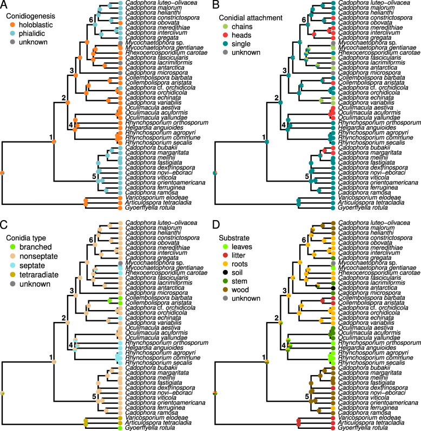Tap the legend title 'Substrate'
[234, 237]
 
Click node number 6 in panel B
[304, 20]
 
